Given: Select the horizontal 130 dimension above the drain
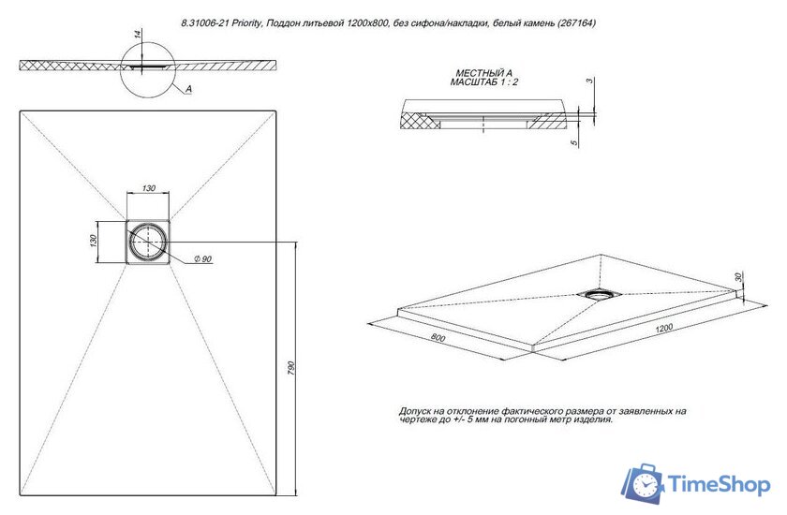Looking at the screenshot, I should tap(147, 189).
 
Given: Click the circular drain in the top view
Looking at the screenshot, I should tap(147, 242).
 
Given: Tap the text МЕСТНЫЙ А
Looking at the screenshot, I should tap(484, 73).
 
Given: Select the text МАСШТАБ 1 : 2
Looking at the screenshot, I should tap(484, 83).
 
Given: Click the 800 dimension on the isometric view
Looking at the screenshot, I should tap(438, 337).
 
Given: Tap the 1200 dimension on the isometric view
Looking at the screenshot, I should tap(665, 330).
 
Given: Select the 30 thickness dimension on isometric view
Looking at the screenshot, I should tap(738, 278).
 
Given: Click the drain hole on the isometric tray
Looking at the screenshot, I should tap(597, 294).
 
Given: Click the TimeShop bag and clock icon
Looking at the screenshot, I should tap(645, 483).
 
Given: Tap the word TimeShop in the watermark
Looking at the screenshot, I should tap(718, 484).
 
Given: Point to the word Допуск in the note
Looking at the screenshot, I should tap(417, 411).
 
